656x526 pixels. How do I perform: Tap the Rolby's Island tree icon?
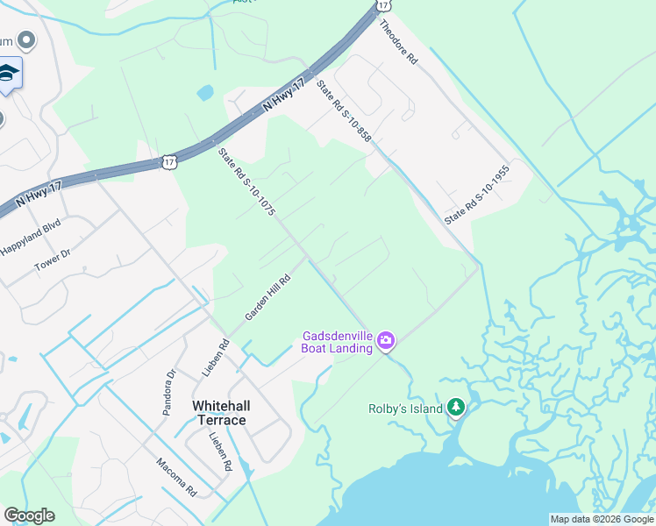tap(455, 407)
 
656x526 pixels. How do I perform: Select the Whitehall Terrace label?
tap(220, 412)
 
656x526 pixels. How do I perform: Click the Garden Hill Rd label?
tap(267, 296)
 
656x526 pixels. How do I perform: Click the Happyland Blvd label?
tap(32, 236)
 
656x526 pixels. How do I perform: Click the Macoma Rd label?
tap(175, 476)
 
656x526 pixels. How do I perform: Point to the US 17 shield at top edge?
tap(382, 4)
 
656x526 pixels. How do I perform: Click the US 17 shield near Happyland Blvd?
tap(169, 161)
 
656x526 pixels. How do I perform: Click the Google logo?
tap(30, 515)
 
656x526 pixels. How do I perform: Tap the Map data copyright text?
tap(601, 519)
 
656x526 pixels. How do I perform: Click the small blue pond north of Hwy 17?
tap(205, 92)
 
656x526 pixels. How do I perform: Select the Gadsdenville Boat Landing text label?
tap(338, 341)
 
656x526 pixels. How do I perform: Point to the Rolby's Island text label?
tap(404, 408)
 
